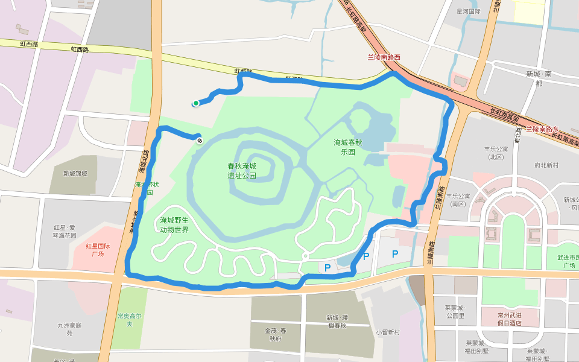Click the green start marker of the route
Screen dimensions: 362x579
[x=196, y=104]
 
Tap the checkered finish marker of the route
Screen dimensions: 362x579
[x=200, y=141]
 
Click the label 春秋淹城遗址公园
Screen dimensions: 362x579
[x=242, y=171]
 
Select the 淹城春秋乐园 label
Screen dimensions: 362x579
[x=349, y=147]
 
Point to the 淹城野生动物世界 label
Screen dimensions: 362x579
[x=174, y=224]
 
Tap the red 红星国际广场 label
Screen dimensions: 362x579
[x=98, y=250]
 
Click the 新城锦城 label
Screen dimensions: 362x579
[x=75, y=174]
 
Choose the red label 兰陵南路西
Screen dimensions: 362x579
[x=384, y=57]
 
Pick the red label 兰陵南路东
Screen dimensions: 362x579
[x=543, y=129]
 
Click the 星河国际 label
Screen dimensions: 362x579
[x=468, y=11]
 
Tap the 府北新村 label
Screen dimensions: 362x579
[x=546, y=165]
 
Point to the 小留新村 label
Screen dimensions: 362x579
[x=388, y=332]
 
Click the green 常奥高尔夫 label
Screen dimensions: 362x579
[x=129, y=320]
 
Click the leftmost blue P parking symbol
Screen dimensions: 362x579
[x=327, y=268]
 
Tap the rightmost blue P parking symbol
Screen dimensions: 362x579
[x=395, y=254]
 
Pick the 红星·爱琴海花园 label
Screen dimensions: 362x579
[x=65, y=232]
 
